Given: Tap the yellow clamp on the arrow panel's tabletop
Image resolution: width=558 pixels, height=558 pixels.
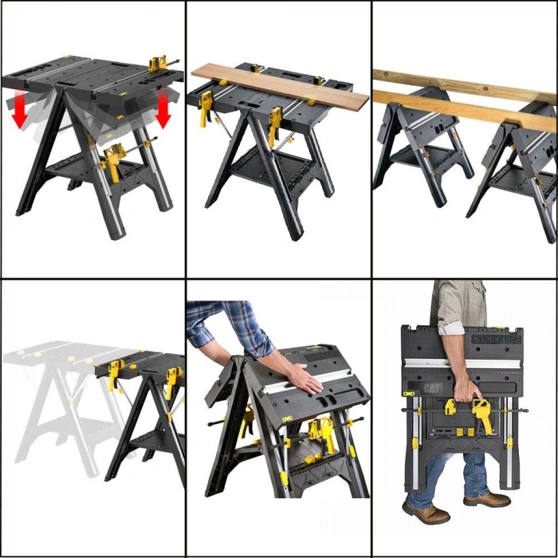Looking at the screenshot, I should [x=158, y=63].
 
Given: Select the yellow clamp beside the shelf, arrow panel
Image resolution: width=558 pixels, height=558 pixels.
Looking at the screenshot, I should [x=112, y=160].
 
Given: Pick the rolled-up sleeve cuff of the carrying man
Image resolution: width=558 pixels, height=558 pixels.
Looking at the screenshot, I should [x=454, y=327].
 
